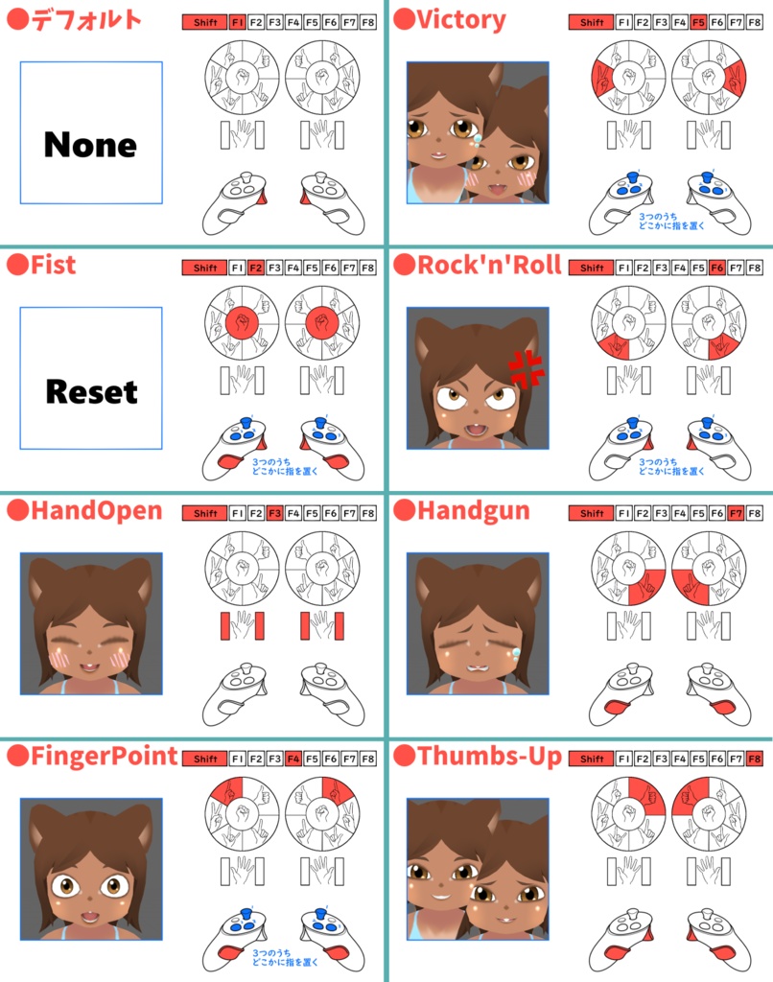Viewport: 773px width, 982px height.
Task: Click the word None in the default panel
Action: pos(91,145)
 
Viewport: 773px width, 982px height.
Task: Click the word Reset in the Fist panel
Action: pos(91,392)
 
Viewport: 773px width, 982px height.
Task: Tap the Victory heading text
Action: pos(461,20)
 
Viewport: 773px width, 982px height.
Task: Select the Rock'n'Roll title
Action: pos(489,265)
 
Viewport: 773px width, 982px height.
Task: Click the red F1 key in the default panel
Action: pos(238,23)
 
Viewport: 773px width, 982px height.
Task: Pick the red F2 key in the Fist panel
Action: pos(255,269)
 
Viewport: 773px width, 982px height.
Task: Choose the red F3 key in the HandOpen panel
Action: pos(274,514)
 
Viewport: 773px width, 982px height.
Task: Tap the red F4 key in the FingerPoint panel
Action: pos(293,760)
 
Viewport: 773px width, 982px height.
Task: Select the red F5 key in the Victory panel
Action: pos(698,23)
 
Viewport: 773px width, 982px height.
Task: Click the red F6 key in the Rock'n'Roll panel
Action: pos(717,269)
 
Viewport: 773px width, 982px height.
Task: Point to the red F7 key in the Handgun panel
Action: pos(736,514)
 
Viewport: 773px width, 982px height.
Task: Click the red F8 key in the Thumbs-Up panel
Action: pos(755,760)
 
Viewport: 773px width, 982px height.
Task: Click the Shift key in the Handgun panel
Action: pos(592,514)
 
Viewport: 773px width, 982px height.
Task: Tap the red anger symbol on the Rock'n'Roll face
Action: pos(526,369)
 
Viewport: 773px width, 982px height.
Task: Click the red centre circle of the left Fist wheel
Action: pos(242,323)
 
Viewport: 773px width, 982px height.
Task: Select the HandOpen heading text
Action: pos(97,510)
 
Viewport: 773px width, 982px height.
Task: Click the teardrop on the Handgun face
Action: pos(516,653)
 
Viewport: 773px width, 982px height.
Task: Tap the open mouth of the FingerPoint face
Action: pos(89,918)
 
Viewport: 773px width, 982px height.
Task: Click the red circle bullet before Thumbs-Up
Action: pos(404,756)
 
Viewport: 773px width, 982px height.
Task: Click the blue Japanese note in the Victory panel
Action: pos(671,222)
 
